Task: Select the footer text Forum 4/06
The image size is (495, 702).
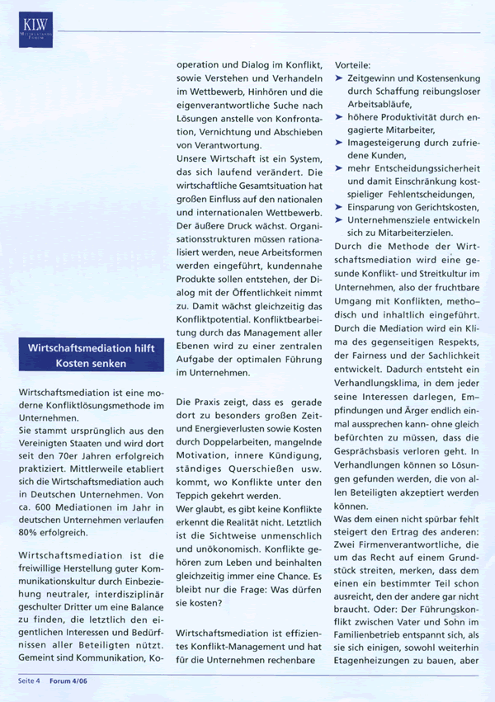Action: click(x=68, y=681)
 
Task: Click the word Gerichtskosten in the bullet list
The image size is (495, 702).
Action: click(x=445, y=206)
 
